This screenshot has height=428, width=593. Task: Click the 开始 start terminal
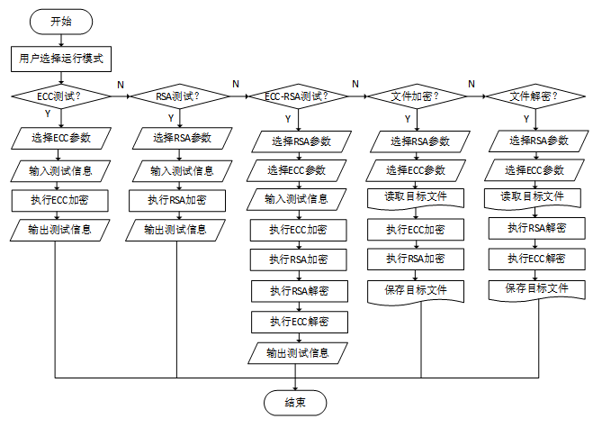(x=60, y=22)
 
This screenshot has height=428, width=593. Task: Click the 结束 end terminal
(x=294, y=402)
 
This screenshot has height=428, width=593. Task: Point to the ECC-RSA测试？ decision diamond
(x=295, y=96)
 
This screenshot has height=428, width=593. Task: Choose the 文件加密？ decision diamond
(x=416, y=96)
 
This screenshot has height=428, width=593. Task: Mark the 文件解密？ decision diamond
(x=534, y=96)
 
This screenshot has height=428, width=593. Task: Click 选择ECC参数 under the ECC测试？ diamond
(x=62, y=138)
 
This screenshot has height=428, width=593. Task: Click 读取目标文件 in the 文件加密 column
(x=416, y=198)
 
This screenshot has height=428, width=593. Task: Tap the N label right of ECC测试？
(x=121, y=84)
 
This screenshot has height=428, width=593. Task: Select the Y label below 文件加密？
(x=407, y=118)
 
